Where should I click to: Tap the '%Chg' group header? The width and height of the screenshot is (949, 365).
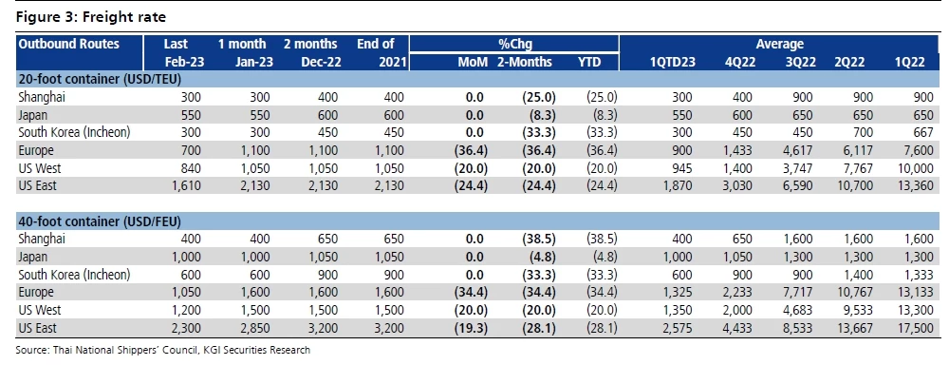coord(517,44)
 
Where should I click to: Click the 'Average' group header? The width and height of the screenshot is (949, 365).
coord(779,44)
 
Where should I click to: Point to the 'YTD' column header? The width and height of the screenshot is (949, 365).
coord(588,62)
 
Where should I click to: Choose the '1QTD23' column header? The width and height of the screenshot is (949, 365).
coord(672,62)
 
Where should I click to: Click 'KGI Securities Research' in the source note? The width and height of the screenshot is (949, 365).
coord(255,350)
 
